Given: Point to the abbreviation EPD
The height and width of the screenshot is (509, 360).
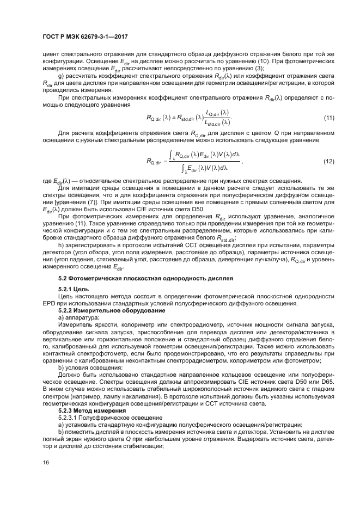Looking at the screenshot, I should point(50,303).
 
